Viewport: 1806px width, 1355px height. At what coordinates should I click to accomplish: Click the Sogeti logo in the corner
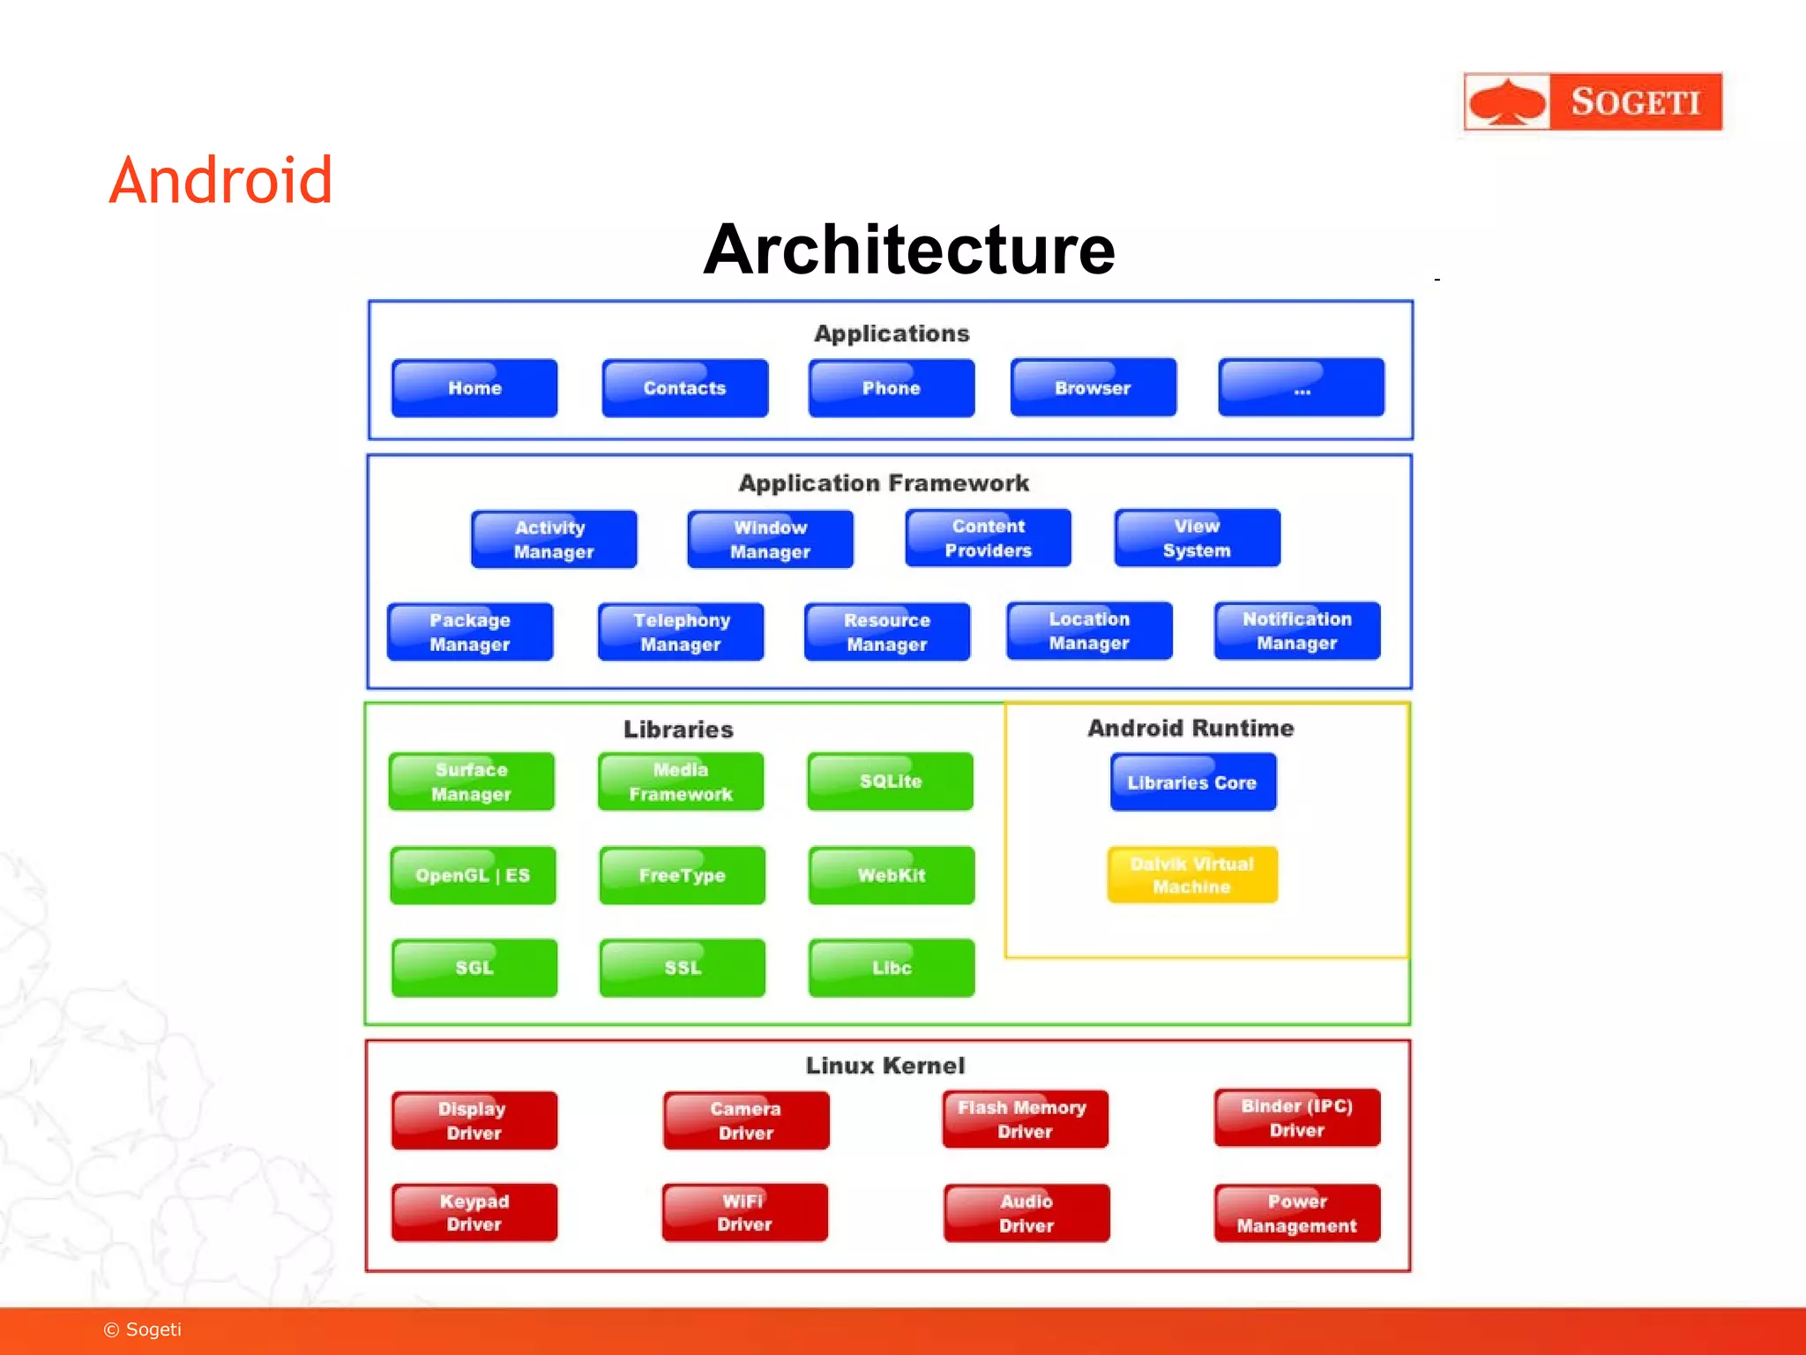click(x=1592, y=101)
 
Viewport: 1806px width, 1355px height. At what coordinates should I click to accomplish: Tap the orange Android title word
click(x=220, y=181)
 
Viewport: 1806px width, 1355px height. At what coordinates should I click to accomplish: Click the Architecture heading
click(x=908, y=250)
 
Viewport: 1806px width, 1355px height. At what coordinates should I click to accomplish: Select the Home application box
click(x=474, y=388)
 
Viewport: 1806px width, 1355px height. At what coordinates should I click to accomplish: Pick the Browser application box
click(x=1093, y=388)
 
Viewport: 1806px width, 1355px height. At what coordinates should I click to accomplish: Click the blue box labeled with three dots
click(x=1302, y=388)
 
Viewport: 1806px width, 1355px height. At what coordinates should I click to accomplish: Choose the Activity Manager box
click(x=554, y=539)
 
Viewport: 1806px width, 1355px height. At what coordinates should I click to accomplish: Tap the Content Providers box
click(x=989, y=538)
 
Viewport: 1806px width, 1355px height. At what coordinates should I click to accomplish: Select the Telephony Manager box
click(x=681, y=632)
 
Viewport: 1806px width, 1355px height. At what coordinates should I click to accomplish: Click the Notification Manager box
click(x=1297, y=631)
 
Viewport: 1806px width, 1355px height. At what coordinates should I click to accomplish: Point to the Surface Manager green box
click(x=472, y=782)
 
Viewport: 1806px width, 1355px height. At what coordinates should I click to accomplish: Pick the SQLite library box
click(x=891, y=782)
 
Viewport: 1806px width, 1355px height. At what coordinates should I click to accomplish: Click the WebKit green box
click(x=892, y=875)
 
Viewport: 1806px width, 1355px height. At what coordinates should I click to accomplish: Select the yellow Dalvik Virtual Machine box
click(x=1192, y=875)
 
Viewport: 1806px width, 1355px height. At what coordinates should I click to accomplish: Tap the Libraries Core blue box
click(x=1192, y=782)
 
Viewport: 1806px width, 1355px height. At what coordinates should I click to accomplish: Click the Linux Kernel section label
click(x=885, y=1066)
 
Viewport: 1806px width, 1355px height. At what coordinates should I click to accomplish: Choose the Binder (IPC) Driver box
click(x=1297, y=1118)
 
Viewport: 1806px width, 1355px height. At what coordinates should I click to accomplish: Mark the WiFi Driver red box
click(x=745, y=1213)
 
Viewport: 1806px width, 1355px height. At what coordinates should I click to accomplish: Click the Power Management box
click(x=1297, y=1213)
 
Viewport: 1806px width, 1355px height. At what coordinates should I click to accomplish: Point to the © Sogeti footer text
click(x=143, y=1329)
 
